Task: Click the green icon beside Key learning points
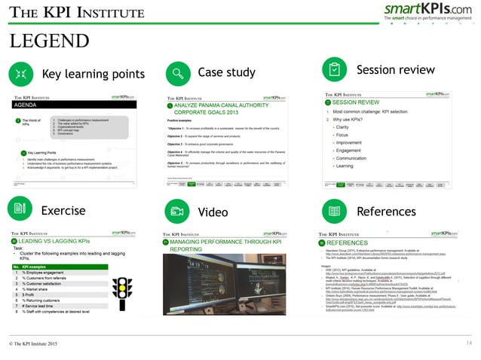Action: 20,74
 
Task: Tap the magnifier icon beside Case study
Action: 177,74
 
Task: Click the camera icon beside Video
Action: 177,211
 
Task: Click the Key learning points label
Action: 93,75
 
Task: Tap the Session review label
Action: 395,70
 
